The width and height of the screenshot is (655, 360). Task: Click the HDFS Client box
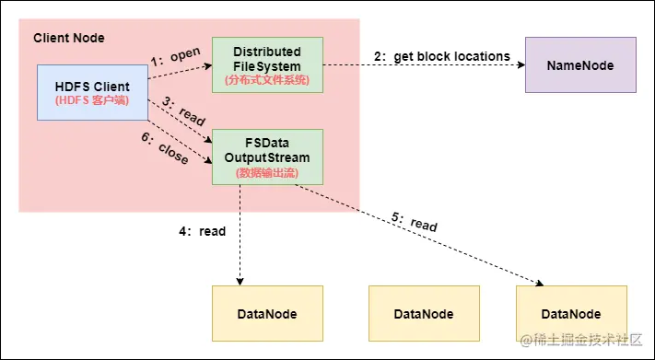pyautogui.click(x=92, y=92)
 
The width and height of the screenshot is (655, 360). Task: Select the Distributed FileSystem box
pyautogui.click(x=267, y=64)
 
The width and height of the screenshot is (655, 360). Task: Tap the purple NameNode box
pyautogui.click(x=580, y=64)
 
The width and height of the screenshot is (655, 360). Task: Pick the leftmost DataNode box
pyautogui.click(x=267, y=313)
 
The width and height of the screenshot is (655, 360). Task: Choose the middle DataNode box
pyautogui.click(x=424, y=313)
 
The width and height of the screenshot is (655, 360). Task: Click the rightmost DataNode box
pyautogui.click(x=571, y=313)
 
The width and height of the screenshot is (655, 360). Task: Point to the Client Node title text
pyautogui.click(x=69, y=38)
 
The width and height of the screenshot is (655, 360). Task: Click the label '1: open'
pyautogui.click(x=175, y=56)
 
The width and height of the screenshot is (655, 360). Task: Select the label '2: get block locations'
pyautogui.click(x=442, y=56)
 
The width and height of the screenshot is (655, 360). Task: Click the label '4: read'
pyautogui.click(x=202, y=231)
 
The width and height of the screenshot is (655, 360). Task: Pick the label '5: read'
pyautogui.click(x=415, y=222)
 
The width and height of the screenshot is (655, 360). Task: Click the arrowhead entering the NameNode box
pyautogui.click(x=520, y=65)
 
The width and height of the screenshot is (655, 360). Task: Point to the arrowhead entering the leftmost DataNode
pyautogui.click(x=240, y=281)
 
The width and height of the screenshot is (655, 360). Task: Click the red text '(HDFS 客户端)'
pyautogui.click(x=92, y=99)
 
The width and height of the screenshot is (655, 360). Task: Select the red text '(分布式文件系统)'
pyautogui.click(x=267, y=80)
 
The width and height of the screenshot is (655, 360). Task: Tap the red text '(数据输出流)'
pyautogui.click(x=267, y=172)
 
